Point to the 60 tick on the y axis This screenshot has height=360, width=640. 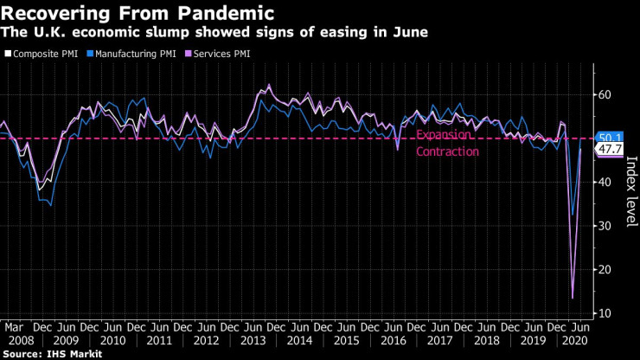tap(606, 94)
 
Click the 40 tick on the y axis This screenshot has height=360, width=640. tap(606, 182)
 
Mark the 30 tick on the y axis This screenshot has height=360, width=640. tap(606, 226)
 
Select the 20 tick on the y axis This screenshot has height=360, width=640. tap(606, 269)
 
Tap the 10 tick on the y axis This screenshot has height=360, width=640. tap(606, 312)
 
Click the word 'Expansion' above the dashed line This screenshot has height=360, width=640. tap(444, 135)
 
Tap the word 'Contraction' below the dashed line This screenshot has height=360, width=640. tap(447, 152)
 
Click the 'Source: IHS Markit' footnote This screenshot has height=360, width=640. tap(52, 354)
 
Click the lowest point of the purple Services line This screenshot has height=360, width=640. tap(572, 298)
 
